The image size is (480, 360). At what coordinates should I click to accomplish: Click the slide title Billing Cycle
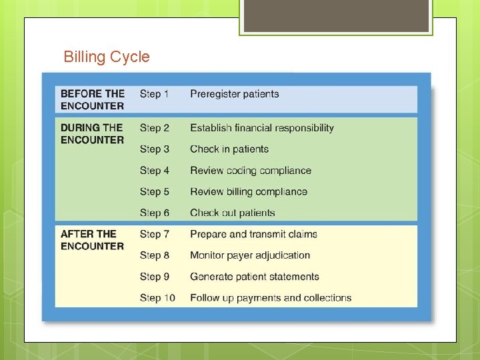pos(107,57)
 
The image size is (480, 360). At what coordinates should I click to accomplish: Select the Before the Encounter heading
pos(92,99)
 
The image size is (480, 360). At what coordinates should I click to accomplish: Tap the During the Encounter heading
pos(92,133)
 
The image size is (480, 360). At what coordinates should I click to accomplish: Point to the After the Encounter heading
pos(92,239)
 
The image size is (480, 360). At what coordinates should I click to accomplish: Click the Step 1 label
pos(154,94)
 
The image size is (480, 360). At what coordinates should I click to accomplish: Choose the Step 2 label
pos(154,128)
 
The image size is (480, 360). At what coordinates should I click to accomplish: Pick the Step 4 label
pos(154,171)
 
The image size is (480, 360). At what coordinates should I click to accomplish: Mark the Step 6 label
pos(154,213)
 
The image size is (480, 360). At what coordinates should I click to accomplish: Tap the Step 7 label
pos(154,234)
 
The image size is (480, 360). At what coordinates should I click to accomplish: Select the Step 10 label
pos(157,298)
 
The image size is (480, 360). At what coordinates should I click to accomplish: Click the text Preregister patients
pos(234,94)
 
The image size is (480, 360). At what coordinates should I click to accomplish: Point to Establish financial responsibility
pos(262,128)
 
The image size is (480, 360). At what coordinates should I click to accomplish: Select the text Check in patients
pos(229,149)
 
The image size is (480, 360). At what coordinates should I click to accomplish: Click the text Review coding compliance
pos(251,171)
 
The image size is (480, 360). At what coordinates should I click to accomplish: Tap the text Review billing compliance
pos(249,192)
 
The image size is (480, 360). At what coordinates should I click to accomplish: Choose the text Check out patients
pos(233,213)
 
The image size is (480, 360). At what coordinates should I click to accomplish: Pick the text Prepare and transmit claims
pos(253,234)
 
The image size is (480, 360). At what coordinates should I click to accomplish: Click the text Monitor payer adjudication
pos(250,255)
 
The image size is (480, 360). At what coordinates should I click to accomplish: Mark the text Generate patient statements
pos(255,277)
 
